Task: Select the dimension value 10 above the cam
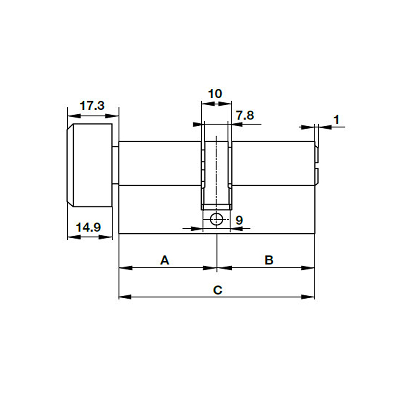[215, 93]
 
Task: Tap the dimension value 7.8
[245, 115]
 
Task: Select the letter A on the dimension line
[165, 260]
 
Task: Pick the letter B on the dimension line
[268, 260]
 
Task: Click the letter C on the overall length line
[217, 290]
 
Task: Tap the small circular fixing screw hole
[217, 219]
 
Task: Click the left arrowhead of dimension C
[124, 297]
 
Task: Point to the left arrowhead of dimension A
[124, 268]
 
